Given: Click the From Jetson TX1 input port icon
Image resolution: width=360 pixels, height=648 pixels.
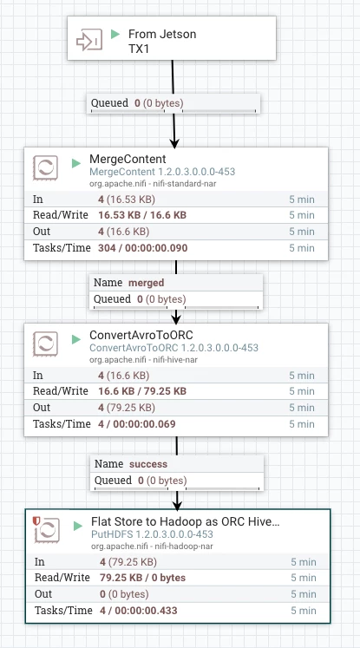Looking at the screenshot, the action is (x=89, y=40).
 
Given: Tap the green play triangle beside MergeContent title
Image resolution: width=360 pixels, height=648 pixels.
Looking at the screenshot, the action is (x=76, y=163).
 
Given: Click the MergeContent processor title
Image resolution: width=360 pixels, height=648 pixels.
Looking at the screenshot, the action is (x=128, y=159).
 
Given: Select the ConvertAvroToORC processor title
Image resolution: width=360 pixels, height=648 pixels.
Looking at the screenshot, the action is (x=141, y=335).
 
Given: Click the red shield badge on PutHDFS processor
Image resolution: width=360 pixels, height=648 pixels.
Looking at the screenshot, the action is (x=36, y=521).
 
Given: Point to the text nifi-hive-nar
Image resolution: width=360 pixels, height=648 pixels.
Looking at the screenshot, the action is (x=175, y=359).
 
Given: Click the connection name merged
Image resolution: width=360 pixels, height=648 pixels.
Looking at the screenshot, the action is (x=147, y=283).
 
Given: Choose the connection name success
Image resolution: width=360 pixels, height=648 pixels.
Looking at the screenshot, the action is (x=148, y=464).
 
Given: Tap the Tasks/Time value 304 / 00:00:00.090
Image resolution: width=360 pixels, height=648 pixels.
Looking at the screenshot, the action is (x=143, y=248).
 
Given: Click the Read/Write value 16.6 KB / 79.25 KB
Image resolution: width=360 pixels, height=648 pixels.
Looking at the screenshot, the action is (x=142, y=391).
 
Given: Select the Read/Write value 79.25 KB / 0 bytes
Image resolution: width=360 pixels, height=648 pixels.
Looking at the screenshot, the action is (x=142, y=578).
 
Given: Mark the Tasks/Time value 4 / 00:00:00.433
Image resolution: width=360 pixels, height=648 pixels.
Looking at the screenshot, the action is (x=139, y=611).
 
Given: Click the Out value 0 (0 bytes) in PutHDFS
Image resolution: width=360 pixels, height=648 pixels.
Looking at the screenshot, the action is (x=124, y=594).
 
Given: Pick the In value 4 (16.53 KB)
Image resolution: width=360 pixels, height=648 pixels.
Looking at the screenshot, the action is (x=127, y=200).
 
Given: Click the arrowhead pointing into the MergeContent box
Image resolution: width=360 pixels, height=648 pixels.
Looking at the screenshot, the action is (x=175, y=143).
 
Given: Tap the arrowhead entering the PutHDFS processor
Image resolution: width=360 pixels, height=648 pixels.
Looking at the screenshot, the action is (x=177, y=505).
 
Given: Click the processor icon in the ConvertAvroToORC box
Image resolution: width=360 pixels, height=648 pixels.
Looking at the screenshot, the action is (x=45, y=344).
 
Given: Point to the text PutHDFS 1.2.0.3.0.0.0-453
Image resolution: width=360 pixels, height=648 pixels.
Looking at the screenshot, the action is (x=152, y=534).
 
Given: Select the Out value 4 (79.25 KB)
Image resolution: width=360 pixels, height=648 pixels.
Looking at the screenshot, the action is (x=127, y=408).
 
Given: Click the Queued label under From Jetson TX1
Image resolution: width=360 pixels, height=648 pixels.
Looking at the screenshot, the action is (x=109, y=103).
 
